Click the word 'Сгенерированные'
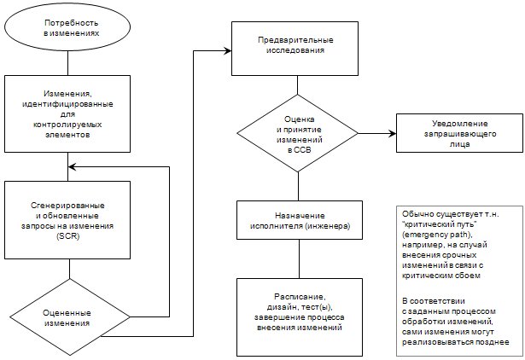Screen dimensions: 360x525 (x=67, y=205)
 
